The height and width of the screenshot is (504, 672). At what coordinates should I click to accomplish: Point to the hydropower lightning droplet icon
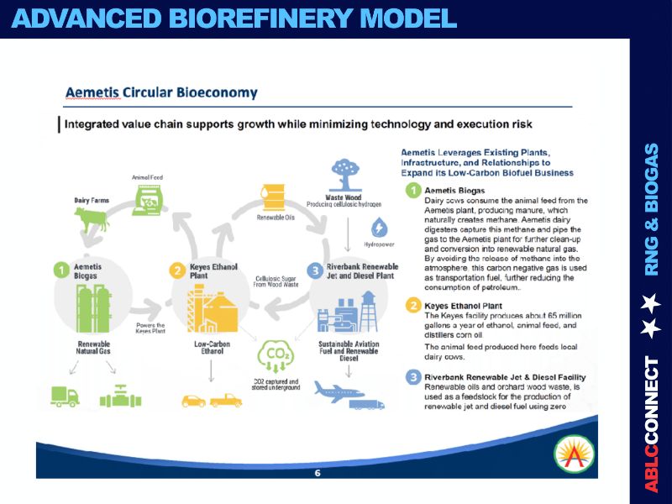pyautogui.click(x=379, y=228)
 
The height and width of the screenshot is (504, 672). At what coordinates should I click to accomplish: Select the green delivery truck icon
pyautogui.click(x=65, y=395)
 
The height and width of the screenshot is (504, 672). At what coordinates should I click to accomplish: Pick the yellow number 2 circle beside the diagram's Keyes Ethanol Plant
pyautogui.click(x=176, y=270)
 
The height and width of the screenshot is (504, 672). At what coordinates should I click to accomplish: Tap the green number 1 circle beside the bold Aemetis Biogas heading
pyautogui.click(x=413, y=191)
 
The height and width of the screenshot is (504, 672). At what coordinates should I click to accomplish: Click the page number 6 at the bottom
pyautogui.click(x=317, y=473)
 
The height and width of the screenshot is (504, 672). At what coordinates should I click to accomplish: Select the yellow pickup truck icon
pyautogui.click(x=225, y=400)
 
